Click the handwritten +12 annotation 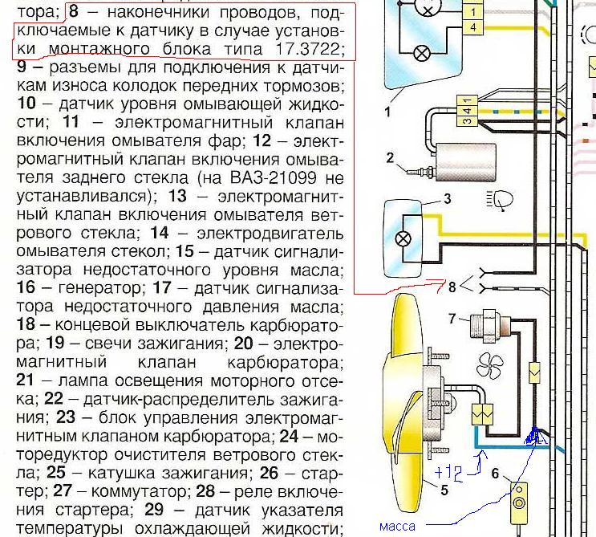(448, 474)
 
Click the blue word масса (397, 527)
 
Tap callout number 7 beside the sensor (452, 318)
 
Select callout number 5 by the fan (444, 490)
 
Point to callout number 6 (495, 474)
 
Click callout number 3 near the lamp (447, 198)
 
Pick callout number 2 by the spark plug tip (390, 157)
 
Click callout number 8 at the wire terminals (452, 287)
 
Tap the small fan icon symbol (490, 365)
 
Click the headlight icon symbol (501, 200)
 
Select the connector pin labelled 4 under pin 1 (472, 28)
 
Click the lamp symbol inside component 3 (403, 239)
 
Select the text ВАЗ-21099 (273, 177)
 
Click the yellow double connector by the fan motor (482, 414)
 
